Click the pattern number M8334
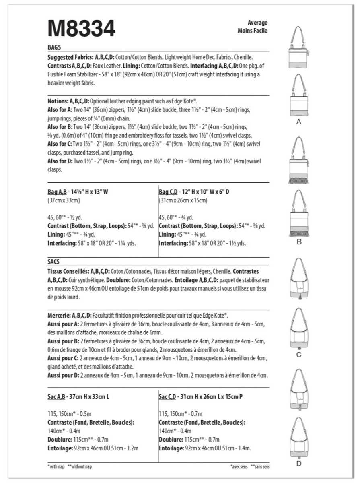point(82,29)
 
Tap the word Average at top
point(258,23)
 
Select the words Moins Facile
point(252,31)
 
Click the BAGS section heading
point(54,47)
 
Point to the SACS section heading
point(54,262)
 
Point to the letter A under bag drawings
point(298,122)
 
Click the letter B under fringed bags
point(298,242)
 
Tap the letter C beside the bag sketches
point(298,355)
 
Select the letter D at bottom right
point(298,464)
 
